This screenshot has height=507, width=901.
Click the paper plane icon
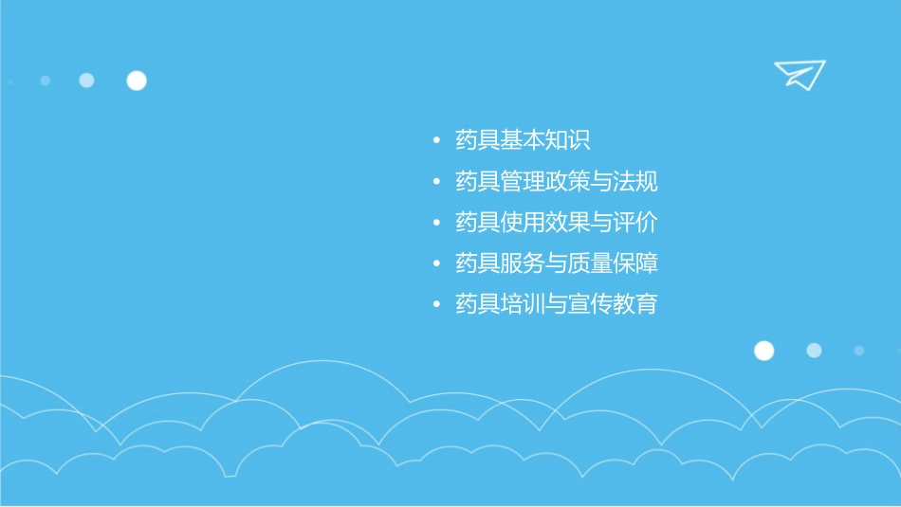(x=799, y=74)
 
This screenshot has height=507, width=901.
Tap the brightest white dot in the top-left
(x=137, y=81)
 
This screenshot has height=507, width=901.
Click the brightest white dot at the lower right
(x=764, y=351)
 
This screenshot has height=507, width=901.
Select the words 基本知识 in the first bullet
(x=545, y=140)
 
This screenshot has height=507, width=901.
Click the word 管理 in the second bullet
(x=523, y=181)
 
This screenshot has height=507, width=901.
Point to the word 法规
(x=635, y=181)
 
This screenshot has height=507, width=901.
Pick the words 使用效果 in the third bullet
(x=545, y=222)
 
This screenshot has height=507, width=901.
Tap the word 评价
(x=635, y=222)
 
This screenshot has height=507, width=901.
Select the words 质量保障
(x=613, y=263)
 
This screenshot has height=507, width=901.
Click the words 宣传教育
(x=613, y=304)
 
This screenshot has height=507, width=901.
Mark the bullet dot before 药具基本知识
(x=435, y=141)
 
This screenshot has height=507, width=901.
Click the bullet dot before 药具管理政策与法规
(x=435, y=182)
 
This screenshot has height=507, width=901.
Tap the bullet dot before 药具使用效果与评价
(x=435, y=223)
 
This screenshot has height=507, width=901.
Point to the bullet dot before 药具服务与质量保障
(x=435, y=263)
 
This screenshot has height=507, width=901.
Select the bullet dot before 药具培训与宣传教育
(x=435, y=305)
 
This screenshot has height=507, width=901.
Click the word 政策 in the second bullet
(x=567, y=181)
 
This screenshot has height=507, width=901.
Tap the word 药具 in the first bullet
(x=477, y=140)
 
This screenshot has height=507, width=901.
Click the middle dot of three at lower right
(x=814, y=351)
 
